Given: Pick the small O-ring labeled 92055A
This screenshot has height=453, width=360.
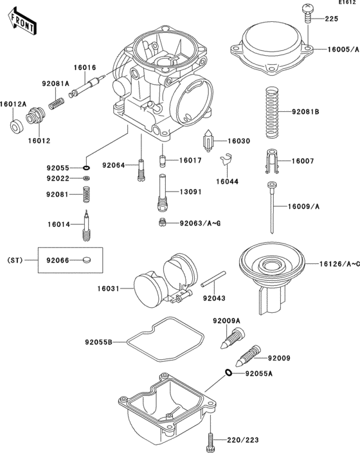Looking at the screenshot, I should pyautogui.click(x=228, y=373).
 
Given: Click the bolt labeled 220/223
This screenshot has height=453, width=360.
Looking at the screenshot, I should pyautogui.click(x=210, y=440).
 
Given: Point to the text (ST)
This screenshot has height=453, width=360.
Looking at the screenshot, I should pyautogui.click(x=15, y=260).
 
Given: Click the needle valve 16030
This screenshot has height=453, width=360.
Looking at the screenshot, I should pyautogui.click(x=208, y=141).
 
